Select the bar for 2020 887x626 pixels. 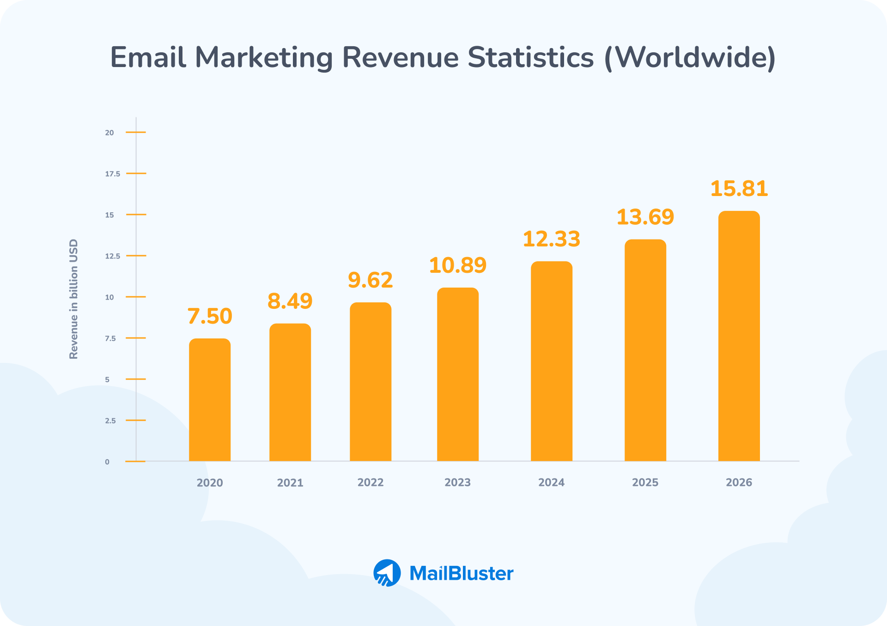tap(210, 400)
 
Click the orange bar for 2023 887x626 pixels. tap(458, 374)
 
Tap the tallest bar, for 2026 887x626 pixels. tap(739, 336)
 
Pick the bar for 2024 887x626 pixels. tap(551, 361)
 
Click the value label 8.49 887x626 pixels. tap(290, 301)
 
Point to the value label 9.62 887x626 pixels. tap(370, 280)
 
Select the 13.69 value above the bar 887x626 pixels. tap(645, 217)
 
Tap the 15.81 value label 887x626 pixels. tap(739, 189)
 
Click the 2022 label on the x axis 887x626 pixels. tap(371, 482)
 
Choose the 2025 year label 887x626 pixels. tap(645, 482)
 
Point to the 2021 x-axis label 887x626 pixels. tap(290, 483)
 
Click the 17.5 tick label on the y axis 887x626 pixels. tap(112, 174)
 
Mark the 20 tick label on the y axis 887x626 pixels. tap(109, 133)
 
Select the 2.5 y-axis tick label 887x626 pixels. tap(110, 421)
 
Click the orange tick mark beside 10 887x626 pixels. tap(136, 297)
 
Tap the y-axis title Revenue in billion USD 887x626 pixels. tap(73, 299)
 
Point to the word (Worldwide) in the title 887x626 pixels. tap(690, 58)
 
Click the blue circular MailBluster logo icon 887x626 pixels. tap(387, 573)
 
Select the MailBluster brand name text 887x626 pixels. tap(461, 573)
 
